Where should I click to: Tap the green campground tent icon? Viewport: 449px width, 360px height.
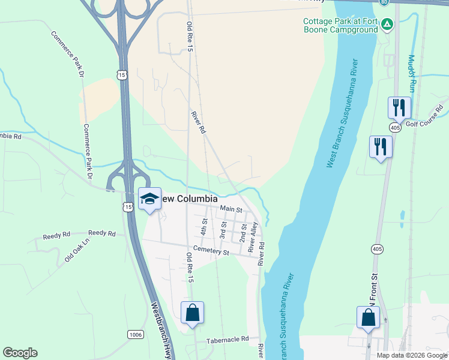click(388, 24)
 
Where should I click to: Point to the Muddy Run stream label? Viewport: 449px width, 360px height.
click(412, 73)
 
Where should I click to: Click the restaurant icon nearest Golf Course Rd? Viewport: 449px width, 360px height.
click(399, 108)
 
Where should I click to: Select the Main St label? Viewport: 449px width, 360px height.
click(231, 209)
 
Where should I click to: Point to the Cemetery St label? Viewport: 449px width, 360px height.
click(211, 253)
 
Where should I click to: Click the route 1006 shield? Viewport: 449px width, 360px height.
click(136, 334)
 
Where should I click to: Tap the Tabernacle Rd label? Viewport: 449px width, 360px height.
click(228, 339)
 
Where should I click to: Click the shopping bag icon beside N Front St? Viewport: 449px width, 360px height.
click(368, 317)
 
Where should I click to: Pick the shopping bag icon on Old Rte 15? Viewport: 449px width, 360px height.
click(192, 313)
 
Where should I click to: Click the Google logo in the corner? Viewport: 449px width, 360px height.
click(20, 353)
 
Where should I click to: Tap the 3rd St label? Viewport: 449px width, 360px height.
click(223, 230)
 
